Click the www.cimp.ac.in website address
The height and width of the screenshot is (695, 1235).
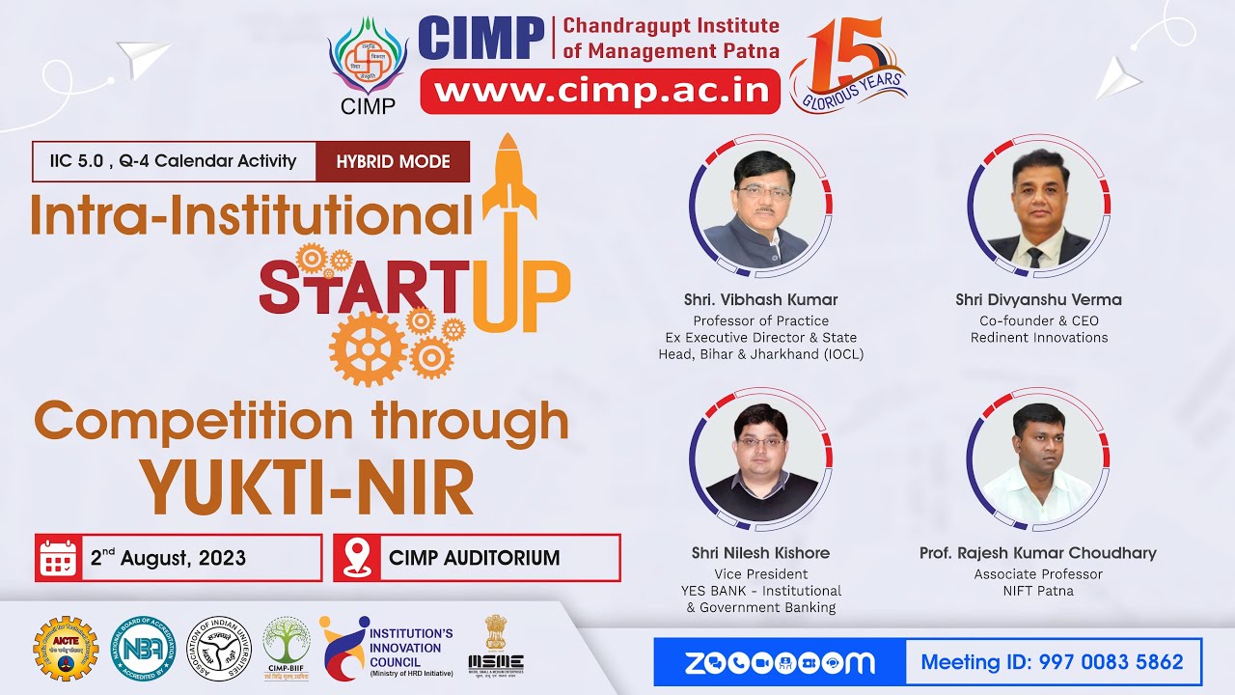[606, 91]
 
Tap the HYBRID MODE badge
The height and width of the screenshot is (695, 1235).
[393, 161]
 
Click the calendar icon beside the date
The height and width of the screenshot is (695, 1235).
[58, 557]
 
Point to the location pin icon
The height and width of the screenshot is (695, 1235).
[357, 557]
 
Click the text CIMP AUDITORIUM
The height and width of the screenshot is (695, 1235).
[474, 558]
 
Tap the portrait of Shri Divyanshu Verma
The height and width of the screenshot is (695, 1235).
[1038, 208]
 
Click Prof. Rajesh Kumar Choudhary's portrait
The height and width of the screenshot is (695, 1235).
[1038, 460]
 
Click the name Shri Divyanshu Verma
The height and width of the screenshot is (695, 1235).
[1038, 299]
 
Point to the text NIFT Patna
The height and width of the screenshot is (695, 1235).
[1038, 591]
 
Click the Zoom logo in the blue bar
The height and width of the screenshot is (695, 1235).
[780, 662]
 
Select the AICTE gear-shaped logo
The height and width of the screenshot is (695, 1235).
[66, 649]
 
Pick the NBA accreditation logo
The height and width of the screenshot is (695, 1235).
[144, 649]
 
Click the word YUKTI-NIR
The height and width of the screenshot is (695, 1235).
[308, 487]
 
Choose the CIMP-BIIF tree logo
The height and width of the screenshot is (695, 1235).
[287, 647]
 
